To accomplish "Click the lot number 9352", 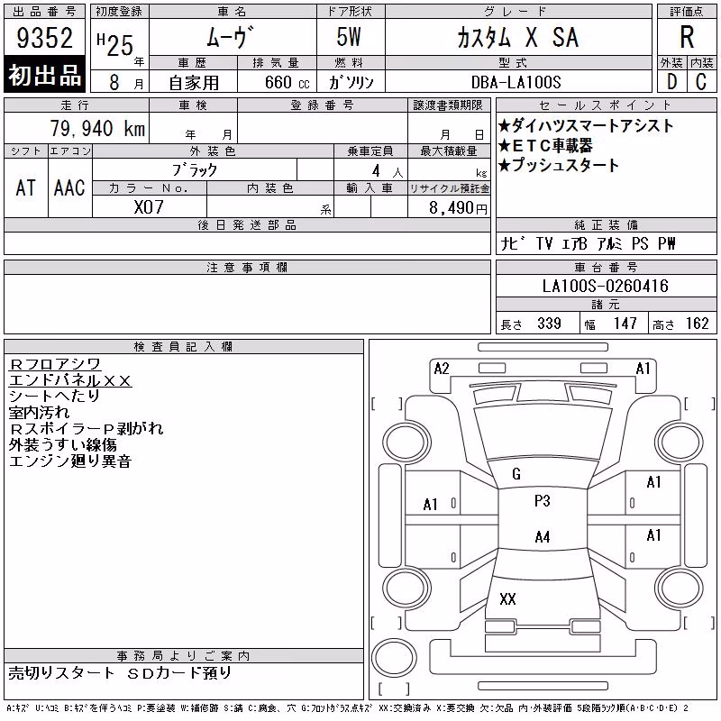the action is pyautogui.click(x=44, y=38).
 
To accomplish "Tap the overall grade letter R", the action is pyautogui.click(x=687, y=37).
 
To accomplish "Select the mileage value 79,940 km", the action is pyautogui.click(x=97, y=128).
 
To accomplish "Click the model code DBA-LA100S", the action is pyautogui.click(x=516, y=82).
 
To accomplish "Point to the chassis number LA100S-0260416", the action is pyautogui.click(x=605, y=286).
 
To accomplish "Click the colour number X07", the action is pyautogui.click(x=149, y=207).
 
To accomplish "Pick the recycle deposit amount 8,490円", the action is pyautogui.click(x=458, y=208).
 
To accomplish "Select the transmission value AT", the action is pyautogui.click(x=25, y=187).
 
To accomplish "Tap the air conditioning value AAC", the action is pyautogui.click(x=69, y=187).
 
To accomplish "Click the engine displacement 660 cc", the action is pyautogui.click(x=287, y=82).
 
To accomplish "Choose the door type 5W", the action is pyautogui.click(x=349, y=37).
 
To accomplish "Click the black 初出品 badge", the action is pyautogui.click(x=44, y=75).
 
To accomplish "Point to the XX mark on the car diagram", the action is pyautogui.click(x=507, y=598).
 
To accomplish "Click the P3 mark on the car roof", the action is pyautogui.click(x=543, y=501).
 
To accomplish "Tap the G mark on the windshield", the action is pyautogui.click(x=516, y=474).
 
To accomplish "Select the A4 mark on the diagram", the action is pyautogui.click(x=543, y=536).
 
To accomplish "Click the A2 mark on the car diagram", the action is pyautogui.click(x=442, y=369).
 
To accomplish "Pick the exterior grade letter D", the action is pyautogui.click(x=671, y=82).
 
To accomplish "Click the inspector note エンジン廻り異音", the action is pyautogui.click(x=70, y=461).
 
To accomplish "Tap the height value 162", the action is pyautogui.click(x=697, y=324).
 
